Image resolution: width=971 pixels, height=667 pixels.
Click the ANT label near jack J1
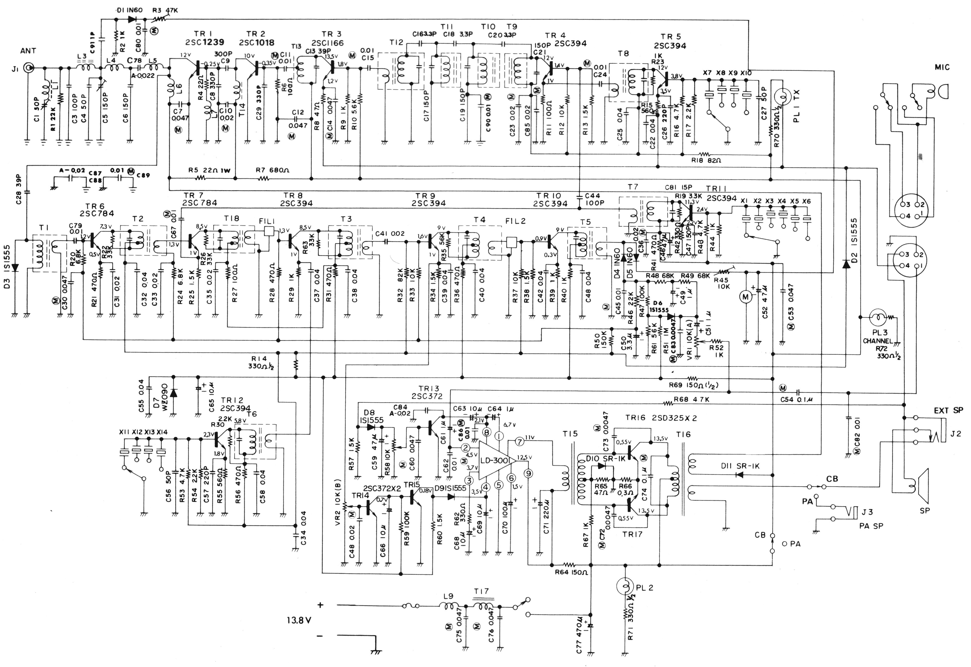(28, 51)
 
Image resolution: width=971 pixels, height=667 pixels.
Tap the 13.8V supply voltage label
(299, 620)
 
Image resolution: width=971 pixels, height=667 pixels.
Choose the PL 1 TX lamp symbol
(781, 98)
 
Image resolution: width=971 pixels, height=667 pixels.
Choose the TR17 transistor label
(632, 534)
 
